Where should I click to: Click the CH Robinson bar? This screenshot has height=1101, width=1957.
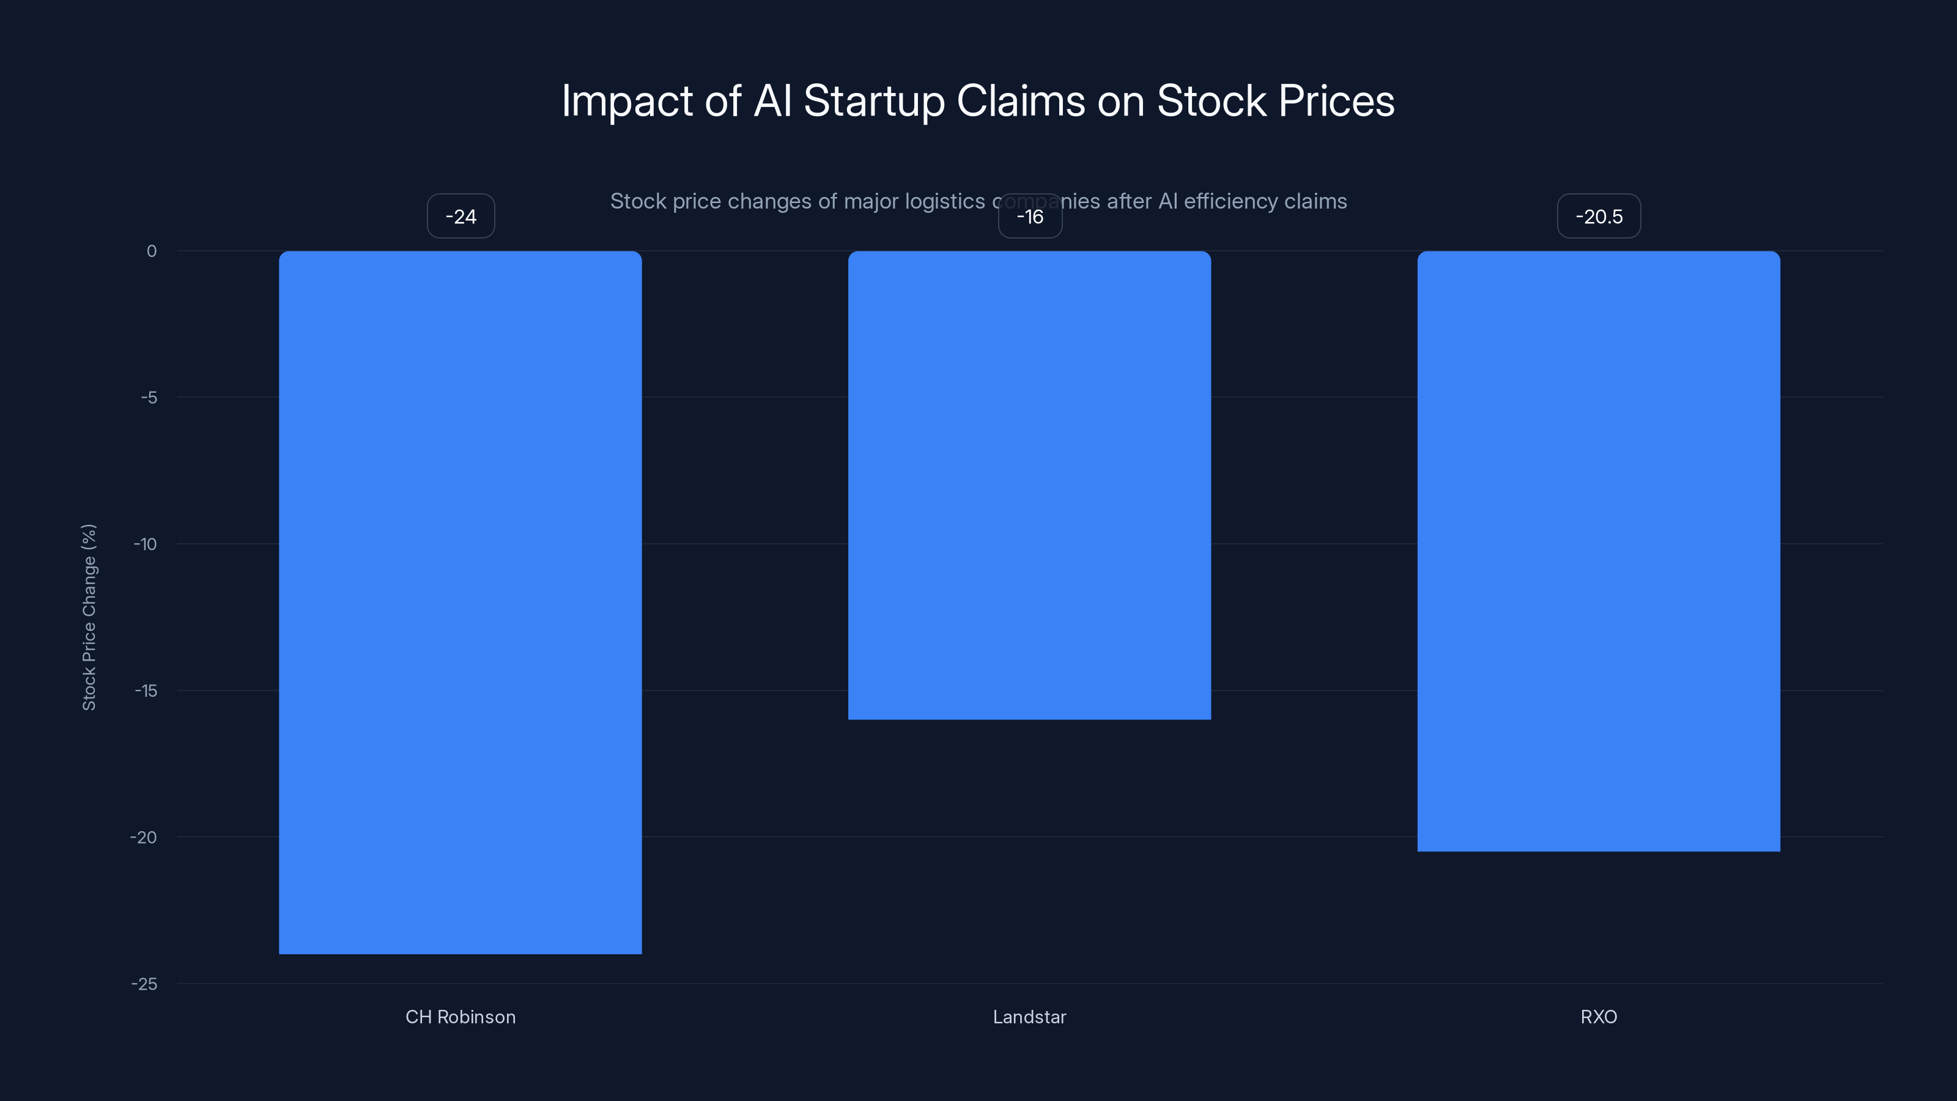(461, 602)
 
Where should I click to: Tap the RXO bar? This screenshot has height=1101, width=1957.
(1599, 551)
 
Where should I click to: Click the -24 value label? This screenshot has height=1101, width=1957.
(461, 217)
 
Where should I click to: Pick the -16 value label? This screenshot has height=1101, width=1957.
(1030, 217)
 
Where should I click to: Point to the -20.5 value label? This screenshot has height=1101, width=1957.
(1599, 217)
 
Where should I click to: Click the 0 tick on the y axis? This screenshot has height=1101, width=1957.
(152, 251)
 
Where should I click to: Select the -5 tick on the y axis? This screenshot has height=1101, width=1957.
(149, 398)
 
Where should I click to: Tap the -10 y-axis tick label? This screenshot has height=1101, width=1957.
(146, 544)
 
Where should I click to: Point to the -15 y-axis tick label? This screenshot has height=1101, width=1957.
(146, 691)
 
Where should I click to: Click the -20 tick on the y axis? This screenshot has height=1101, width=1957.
(144, 837)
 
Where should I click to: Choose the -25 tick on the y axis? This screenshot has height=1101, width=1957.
(144, 984)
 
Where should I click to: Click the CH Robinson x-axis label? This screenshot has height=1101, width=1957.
(461, 1017)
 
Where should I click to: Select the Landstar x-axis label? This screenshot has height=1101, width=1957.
(1029, 1017)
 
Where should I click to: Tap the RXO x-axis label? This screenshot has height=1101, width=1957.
(1599, 1017)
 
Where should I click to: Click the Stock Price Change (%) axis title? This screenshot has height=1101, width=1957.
(89, 617)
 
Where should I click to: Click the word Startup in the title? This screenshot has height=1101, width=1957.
(874, 101)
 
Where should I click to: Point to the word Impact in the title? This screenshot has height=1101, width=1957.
(627, 101)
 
